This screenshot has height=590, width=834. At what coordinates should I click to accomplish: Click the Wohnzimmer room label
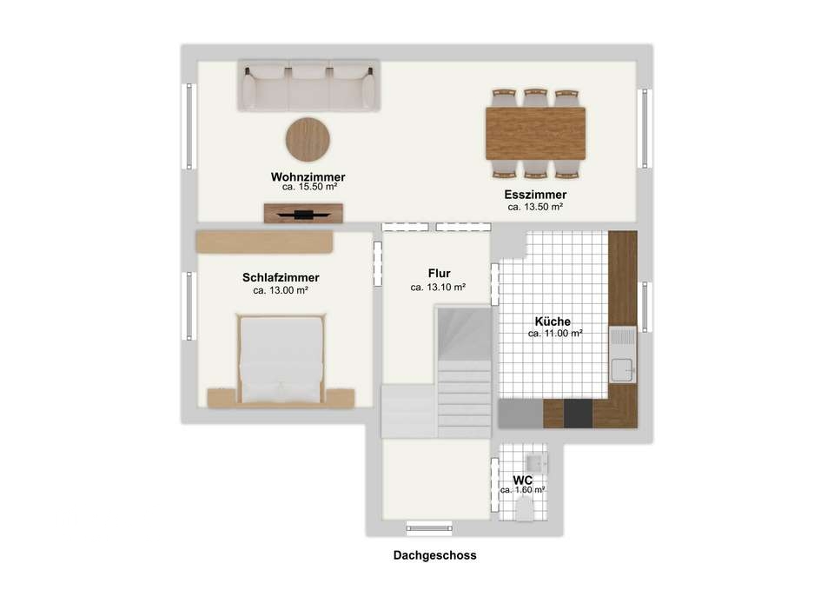(x=308, y=176)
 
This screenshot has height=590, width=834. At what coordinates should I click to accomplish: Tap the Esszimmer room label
(x=535, y=195)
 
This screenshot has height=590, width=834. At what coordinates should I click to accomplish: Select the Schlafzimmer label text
(x=281, y=278)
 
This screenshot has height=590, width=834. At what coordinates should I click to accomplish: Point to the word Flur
(x=440, y=274)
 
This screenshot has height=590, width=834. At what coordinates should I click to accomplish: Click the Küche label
(x=553, y=322)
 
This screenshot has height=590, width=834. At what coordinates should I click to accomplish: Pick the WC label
(x=523, y=481)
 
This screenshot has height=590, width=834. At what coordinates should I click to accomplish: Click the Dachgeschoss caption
(x=434, y=555)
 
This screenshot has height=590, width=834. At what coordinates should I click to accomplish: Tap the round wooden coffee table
(x=308, y=139)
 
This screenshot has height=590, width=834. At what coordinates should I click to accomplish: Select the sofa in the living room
(x=308, y=85)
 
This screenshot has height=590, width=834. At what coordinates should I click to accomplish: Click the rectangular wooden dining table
(x=536, y=134)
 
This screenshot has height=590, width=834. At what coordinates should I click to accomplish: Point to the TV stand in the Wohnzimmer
(x=303, y=214)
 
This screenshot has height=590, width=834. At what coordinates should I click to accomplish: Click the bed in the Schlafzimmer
(x=281, y=359)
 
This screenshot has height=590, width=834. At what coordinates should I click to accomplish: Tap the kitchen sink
(x=622, y=355)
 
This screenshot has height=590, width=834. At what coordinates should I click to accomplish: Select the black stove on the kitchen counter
(x=579, y=414)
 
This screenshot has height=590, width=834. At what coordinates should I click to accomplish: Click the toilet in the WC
(x=525, y=510)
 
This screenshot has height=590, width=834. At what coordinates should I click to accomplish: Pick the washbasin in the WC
(x=536, y=463)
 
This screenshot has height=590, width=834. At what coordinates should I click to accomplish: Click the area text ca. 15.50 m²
(x=309, y=188)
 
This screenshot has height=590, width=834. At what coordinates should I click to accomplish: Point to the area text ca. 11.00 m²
(x=555, y=334)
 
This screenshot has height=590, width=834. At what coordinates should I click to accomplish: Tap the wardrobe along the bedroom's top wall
(x=264, y=242)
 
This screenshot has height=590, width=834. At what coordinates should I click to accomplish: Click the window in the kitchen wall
(x=645, y=307)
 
